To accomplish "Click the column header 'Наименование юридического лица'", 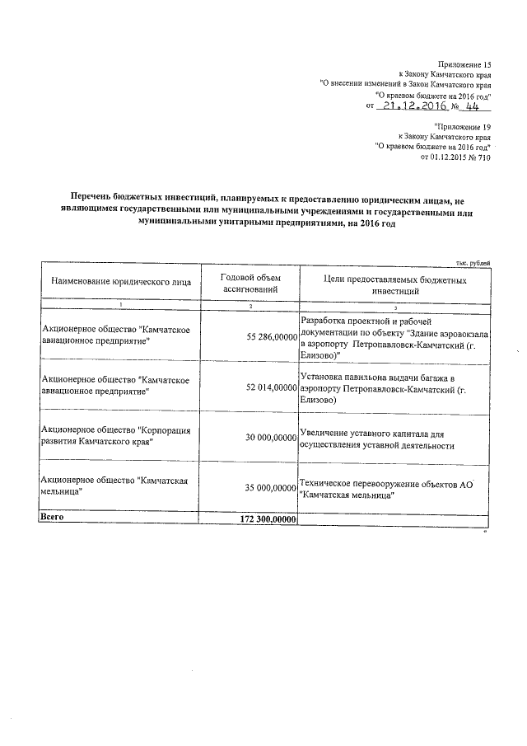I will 121,281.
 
